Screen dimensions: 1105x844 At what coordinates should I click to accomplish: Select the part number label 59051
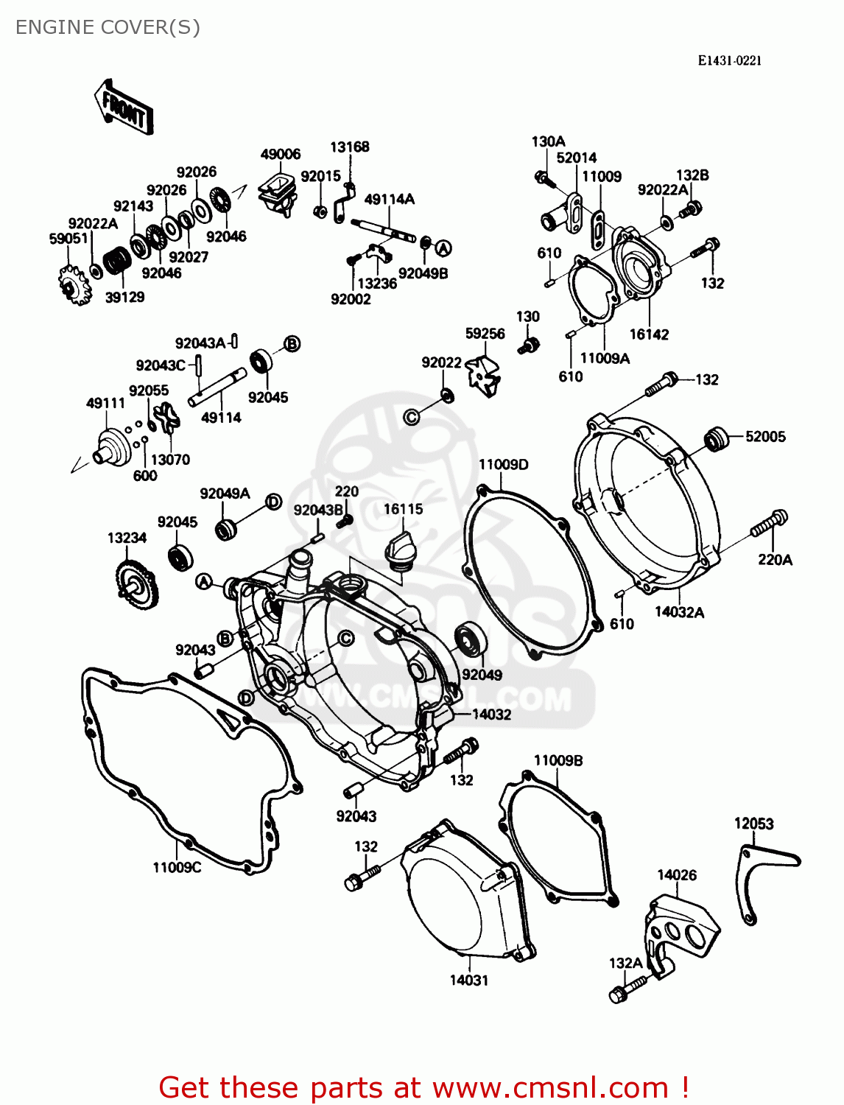coord(68,239)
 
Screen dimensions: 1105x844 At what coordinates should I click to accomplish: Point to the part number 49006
coord(281,154)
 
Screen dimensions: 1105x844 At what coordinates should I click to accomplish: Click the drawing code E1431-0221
coord(729,60)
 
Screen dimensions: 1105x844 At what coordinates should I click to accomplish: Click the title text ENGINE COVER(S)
coord(108,27)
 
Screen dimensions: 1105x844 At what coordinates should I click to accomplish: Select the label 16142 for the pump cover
coord(649,334)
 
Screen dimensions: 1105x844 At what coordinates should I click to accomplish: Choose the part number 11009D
coord(503,465)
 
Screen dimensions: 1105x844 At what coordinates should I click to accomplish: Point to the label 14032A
coord(679,612)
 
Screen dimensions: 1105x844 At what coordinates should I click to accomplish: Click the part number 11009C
coord(177,867)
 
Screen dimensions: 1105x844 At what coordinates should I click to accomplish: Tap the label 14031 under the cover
coord(468,981)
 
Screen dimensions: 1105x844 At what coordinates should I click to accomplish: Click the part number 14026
coord(676,875)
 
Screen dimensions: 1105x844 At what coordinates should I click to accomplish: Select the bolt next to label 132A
coord(628,989)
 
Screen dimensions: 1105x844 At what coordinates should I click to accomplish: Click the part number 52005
coord(765,436)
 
